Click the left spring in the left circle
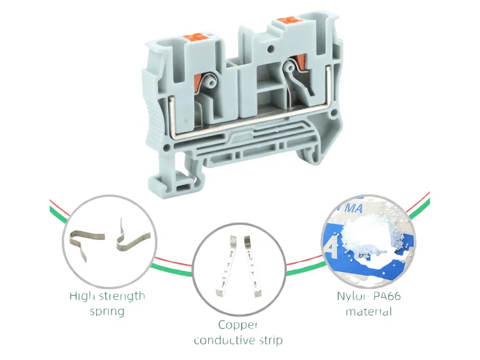[x=83, y=244]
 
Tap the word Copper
[x=238, y=325]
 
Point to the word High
[x=82, y=296]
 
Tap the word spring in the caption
[x=107, y=311]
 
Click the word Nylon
[x=351, y=296]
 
